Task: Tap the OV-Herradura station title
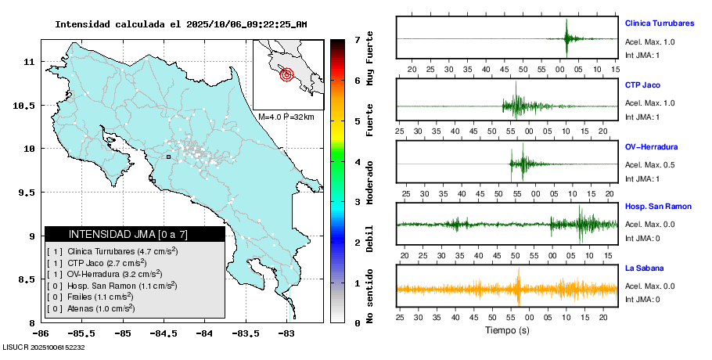click(651, 146)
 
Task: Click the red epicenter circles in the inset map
click(286, 75)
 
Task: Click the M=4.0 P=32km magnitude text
click(286, 117)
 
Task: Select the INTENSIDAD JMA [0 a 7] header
click(135, 234)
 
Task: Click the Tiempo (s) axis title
click(507, 330)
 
